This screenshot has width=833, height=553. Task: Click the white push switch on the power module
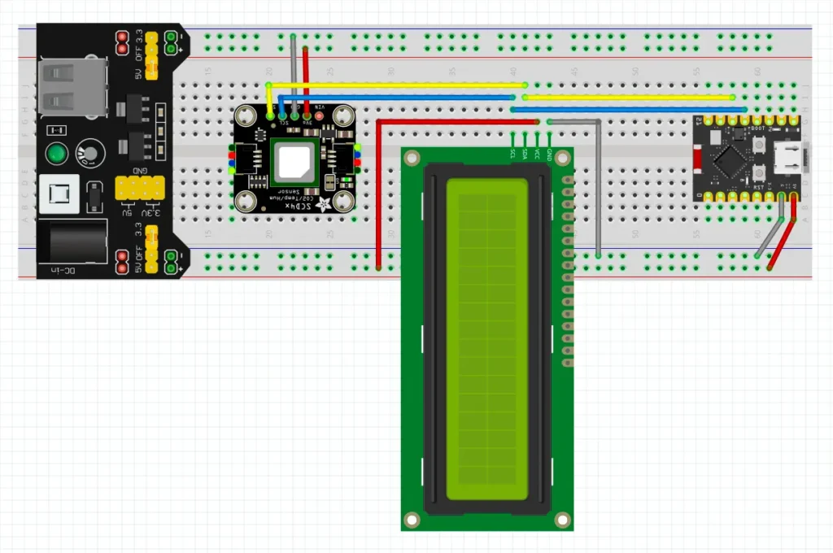click(x=59, y=194)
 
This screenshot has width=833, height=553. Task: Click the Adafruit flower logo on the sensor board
click(x=325, y=203)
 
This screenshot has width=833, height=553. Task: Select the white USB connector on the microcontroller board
click(x=789, y=156)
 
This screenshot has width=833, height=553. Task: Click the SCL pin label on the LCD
click(x=512, y=152)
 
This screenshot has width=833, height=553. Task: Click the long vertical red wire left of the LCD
click(x=378, y=195)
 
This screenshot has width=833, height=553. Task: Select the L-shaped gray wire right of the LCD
click(x=598, y=187)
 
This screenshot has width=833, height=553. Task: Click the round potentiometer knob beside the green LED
click(x=90, y=152)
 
